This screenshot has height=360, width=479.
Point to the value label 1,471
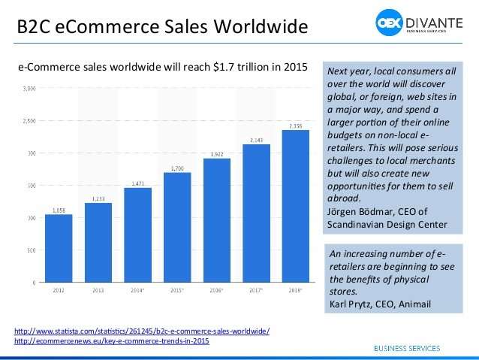point(138,183)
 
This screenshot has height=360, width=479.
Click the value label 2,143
point(256,140)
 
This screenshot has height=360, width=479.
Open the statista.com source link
point(142,331)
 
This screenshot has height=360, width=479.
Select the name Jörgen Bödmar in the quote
point(357,211)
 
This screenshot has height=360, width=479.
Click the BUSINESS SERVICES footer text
point(418,348)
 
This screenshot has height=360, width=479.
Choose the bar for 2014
point(138,234)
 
